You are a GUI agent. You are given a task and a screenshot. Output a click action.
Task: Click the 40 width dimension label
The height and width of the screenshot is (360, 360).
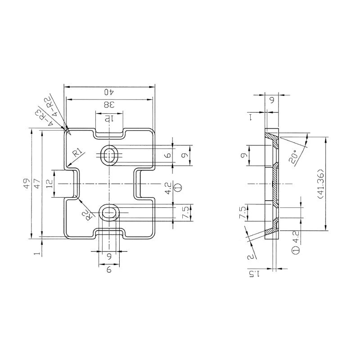click(x=109, y=92)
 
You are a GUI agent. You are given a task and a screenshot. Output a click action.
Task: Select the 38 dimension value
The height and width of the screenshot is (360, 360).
click(x=109, y=105)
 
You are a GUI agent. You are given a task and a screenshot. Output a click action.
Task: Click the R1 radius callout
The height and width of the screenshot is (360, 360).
click(x=78, y=153)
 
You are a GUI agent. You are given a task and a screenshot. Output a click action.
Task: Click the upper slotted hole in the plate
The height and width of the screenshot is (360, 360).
click(x=109, y=155)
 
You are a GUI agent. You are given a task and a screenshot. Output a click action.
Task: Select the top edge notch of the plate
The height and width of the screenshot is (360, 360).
click(x=109, y=134)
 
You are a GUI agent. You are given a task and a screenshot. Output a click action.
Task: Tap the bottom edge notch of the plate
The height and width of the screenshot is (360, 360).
click(x=109, y=234)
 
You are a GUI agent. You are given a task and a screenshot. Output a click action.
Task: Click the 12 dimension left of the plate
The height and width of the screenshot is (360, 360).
click(x=50, y=184)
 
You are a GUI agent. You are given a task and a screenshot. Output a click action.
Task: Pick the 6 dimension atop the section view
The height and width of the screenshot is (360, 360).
click(x=272, y=100)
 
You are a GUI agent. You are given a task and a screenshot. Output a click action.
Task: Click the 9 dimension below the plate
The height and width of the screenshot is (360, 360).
click(x=109, y=270)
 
